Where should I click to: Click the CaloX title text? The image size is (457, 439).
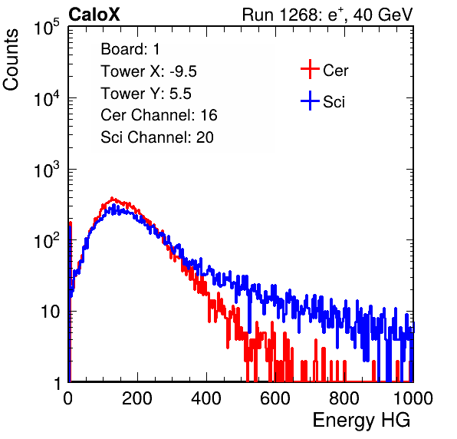click(x=94, y=15)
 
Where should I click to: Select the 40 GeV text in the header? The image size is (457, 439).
click(x=383, y=15)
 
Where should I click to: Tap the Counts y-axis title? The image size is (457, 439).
click(x=11, y=60)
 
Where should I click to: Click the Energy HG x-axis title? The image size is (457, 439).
click(x=361, y=421)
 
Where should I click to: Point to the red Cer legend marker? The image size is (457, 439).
click(x=310, y=69)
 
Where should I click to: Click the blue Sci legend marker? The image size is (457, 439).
click(x=310, y=101)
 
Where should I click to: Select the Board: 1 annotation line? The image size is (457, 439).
click(x=130, y=49)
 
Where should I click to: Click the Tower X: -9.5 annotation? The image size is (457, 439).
click(x=149, y=71)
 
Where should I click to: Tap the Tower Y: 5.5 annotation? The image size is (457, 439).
click(x=146, y=94)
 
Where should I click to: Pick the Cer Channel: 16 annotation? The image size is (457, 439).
click(x=159, y=115)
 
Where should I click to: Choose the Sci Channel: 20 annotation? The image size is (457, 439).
click(x=157, y=137)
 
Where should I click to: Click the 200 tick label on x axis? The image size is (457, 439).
click(x=137, y=398)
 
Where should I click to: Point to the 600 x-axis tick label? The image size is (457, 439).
click(x=275, y=398)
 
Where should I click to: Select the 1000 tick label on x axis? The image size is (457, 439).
click(x=413, y=398)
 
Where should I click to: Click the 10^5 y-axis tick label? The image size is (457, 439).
click(x=47, y=27)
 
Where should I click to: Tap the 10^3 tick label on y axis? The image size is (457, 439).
click(x=47, y=169)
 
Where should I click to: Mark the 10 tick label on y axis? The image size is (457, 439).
click(x=51, y=312)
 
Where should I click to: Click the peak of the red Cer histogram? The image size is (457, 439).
click(x=112, y=198)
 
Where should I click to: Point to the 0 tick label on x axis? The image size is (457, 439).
click(x=67, y=398)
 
